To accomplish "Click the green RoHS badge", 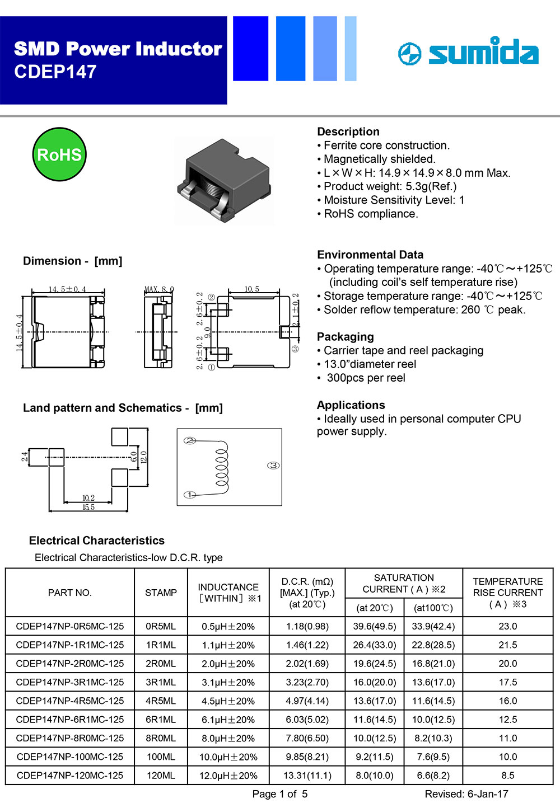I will click(59, 154).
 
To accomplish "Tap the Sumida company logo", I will click(468, 52).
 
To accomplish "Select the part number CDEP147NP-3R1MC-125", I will click(70, 682).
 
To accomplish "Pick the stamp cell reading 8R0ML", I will click(161, 738).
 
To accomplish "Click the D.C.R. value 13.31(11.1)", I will click(307, 776).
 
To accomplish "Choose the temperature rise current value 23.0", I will click(508, 626).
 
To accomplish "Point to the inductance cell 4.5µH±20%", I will click(228, 701).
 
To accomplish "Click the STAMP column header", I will click(161, 593).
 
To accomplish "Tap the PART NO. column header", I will click(70, 593).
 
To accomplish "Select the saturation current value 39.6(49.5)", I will click(375, 626).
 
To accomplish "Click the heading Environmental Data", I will click(370, 255).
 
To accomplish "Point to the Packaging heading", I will click(346, 337).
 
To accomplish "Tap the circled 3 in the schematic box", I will click(273, 466).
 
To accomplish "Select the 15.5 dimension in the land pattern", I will click(88, 507).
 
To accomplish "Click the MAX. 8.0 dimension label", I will click(160, 289).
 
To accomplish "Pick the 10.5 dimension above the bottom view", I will click(252, 289).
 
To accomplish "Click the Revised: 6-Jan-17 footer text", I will click(466, 794).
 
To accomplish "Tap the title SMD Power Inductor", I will click(118, 49).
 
